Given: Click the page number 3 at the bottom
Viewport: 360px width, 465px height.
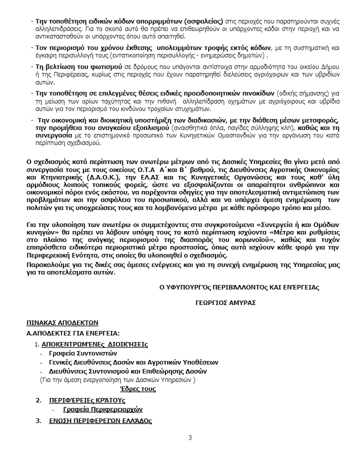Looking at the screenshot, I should click(190, 438).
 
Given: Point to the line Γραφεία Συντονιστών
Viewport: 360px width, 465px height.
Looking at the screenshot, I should click(79, 353).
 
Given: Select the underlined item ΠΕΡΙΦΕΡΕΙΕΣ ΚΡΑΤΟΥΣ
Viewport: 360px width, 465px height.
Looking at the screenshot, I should click(87, 400).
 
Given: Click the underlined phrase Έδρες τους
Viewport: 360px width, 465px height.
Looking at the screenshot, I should click(138, 388).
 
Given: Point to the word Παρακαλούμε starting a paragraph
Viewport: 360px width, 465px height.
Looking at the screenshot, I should click(46, 265).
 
